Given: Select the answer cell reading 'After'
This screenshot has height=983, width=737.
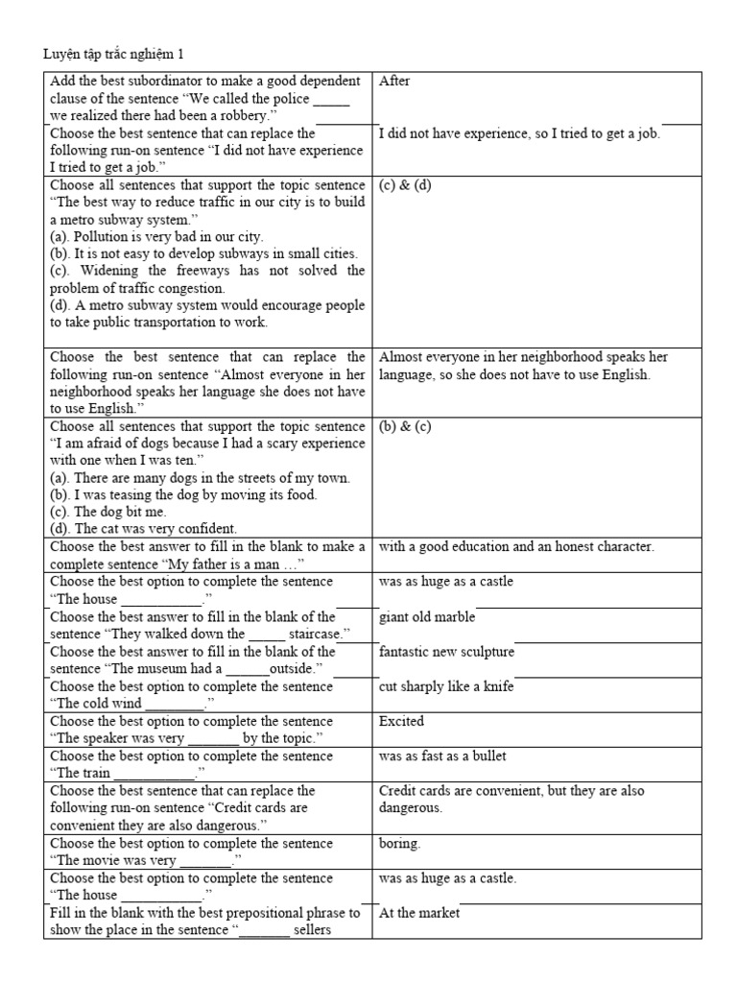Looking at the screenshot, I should tap(394, 82).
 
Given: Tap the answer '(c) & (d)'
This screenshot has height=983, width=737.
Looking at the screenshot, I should tap(406, 185).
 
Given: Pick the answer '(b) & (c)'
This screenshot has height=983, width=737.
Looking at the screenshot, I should tap(406, 426).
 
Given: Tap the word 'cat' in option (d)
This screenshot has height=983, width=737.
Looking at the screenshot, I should tap(107, 529).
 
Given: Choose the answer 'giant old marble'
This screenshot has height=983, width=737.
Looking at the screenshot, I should tap(427, 617).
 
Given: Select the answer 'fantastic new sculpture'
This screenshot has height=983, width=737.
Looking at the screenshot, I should tap(446, 652).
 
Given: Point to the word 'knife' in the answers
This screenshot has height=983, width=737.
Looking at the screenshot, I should tap(496, 686).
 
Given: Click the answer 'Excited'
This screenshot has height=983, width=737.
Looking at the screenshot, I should tap(402, 721).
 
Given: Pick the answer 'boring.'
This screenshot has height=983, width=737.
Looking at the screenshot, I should tap(400, 843).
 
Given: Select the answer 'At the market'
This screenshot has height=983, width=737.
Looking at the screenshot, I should tap(419, 912).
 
